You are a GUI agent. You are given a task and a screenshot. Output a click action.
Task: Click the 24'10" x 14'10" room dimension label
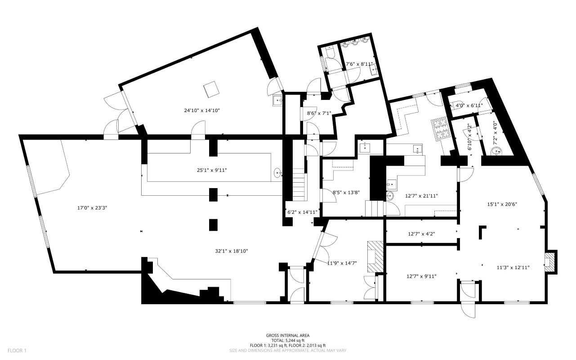pos(201,110)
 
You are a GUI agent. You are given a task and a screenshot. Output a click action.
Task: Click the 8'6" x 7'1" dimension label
pos(319,113)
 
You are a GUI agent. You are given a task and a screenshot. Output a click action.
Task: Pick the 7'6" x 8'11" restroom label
pos(359,64)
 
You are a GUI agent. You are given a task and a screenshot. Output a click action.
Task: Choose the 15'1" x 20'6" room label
pos(502,204)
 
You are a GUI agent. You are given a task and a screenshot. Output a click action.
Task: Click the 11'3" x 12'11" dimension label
pos(513,267)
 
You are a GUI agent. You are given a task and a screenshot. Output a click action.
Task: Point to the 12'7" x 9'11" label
pos(422,276)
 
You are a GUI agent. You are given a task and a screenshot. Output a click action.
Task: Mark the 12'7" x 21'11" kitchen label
pos(422,196)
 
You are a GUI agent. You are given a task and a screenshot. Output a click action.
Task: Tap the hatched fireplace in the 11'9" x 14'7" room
pos(374,257)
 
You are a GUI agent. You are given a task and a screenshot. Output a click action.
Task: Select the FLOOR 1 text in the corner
pos(18,350)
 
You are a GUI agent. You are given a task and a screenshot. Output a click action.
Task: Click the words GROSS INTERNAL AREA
pos(287,335)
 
